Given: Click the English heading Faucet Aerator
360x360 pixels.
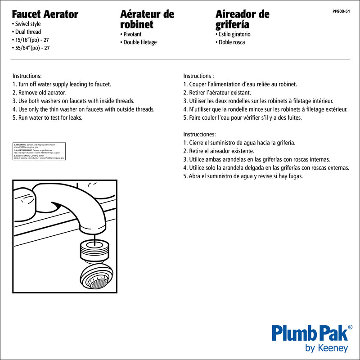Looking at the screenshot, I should click(45, 14).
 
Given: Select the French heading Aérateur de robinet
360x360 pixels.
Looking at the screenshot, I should click(147, 18).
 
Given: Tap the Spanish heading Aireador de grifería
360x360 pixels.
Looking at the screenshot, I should click(242, 18).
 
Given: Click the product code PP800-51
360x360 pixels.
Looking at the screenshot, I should click(341, 11).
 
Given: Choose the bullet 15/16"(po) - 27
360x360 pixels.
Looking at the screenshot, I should click(31, 40).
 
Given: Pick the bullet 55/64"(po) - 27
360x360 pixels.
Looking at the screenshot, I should click(31, 48).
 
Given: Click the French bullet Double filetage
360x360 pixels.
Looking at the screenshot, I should click(139, 42).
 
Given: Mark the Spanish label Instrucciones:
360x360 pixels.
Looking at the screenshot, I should click(199, 134).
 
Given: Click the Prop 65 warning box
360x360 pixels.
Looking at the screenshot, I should click(39, 151).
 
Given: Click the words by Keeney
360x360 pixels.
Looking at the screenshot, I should click(326, 348).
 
